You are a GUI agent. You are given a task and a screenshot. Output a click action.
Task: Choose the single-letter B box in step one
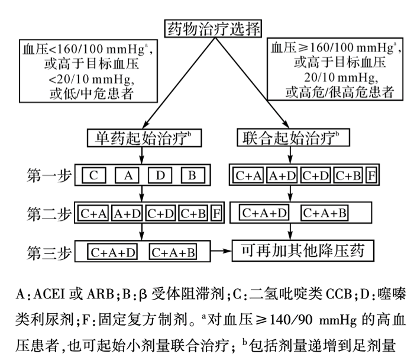pyautogui.click(x=192, y=175)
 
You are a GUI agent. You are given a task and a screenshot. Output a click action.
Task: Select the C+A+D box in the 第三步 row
pyautogui.click(x=114, y=252)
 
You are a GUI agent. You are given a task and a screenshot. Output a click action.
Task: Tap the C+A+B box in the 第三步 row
pyautogui.click(x=174, y=252)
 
